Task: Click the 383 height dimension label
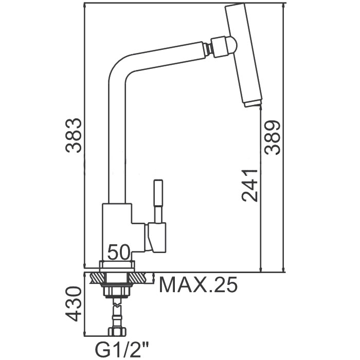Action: [74, 135]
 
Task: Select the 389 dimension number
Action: [272, 137]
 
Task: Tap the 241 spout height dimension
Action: [250, 185]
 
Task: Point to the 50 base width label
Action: [119, 253]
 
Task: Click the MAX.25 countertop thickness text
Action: [198, 285]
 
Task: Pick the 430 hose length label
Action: [74, 303]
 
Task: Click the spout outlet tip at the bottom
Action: [252, 104]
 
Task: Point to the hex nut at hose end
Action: [117, 331]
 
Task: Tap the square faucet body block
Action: [117, 232]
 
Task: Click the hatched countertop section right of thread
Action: [141, 278]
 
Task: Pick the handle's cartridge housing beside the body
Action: [156, 238]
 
